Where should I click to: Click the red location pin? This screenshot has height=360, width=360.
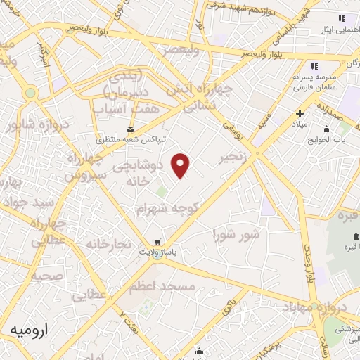[x=181, y=165]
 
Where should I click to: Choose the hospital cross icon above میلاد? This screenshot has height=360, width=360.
[x=300, y=112]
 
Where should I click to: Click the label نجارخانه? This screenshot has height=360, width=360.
[x=109, y=243]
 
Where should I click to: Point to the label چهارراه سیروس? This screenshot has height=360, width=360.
[x=86, y=166]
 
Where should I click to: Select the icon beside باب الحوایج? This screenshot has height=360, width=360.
[x=326, y=129]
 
